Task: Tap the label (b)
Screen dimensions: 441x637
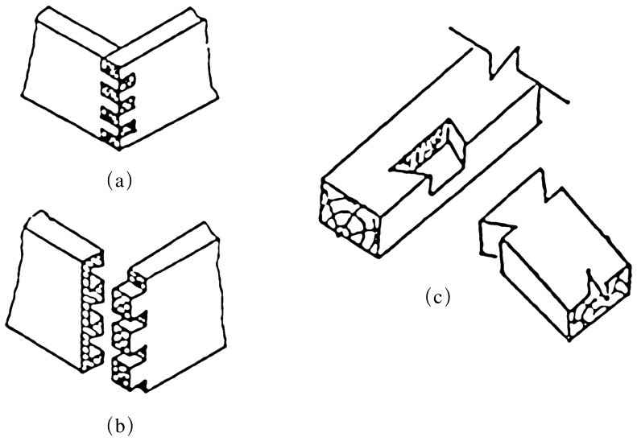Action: pos(119,422)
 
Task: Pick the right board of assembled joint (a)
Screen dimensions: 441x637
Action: pos(165,80)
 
